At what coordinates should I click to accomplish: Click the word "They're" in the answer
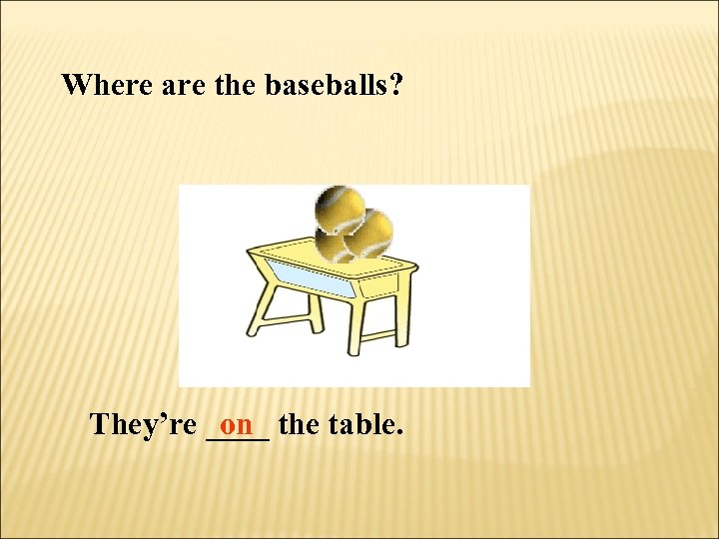point(143,425)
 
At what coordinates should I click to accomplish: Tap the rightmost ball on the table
point(369,233)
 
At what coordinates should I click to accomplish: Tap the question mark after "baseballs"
point(396,85)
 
